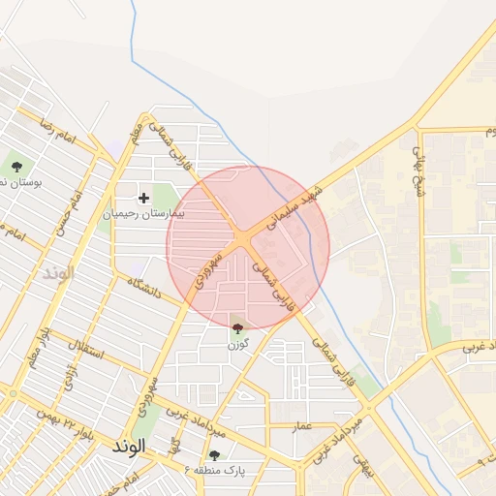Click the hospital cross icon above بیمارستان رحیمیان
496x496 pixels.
[144, 198]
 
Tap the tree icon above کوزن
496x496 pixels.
[238, 329]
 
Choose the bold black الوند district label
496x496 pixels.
[127, 447]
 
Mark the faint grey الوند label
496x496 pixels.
[58, 272]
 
